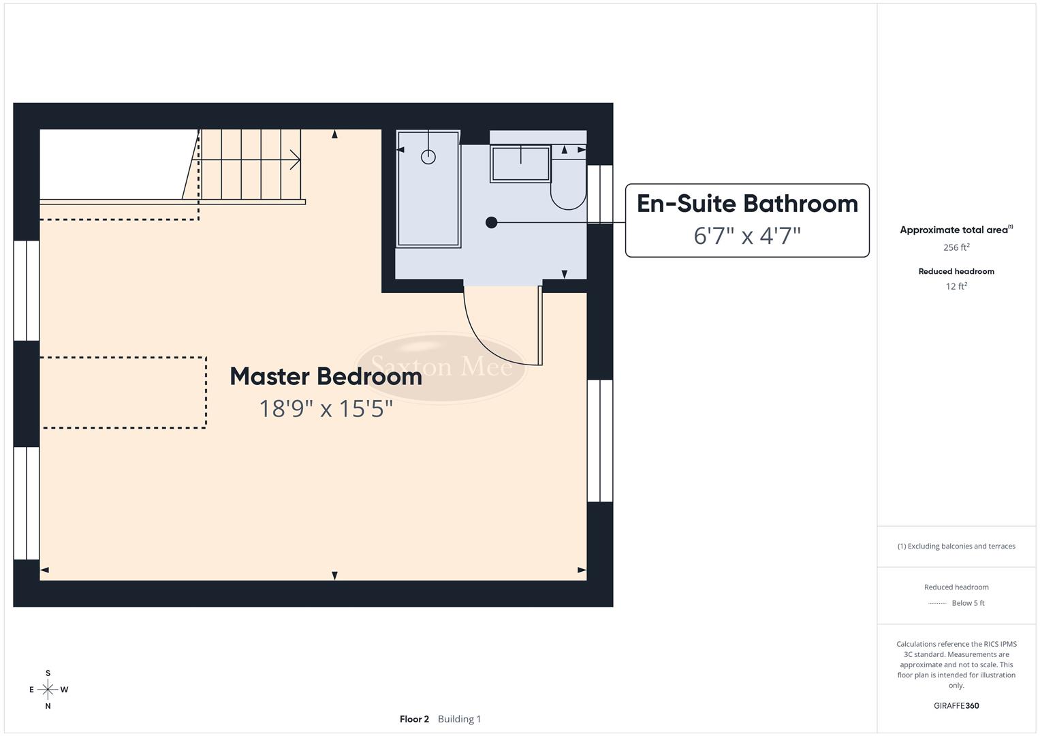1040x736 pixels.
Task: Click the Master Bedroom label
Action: (x=326, y=376)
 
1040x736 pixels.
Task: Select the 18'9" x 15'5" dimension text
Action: (x=326, y=409)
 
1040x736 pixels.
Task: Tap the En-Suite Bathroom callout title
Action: (x=747, y=204)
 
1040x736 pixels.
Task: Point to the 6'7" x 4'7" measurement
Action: (x=747, y=236)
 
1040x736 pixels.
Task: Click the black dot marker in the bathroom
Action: (x=491, y=222)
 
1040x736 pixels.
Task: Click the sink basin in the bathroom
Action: (x=521, y=164)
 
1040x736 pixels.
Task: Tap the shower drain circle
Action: (x=428, y=157)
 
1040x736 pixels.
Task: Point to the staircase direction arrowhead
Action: (x=296, y=160)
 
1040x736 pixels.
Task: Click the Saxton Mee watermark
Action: (x=441, y=367)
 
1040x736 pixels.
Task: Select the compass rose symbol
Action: (x=48, y=690)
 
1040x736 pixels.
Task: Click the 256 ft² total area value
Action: (x=956, y=247)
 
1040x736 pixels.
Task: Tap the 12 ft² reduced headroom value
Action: (x=956, y=286)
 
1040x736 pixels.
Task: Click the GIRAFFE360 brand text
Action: (x=956, y=705)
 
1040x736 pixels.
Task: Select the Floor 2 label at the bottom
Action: (x=414, y=719)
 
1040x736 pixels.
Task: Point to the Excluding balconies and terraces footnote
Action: (x=956, y=546)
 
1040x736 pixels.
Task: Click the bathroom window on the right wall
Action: (x=600, y=194)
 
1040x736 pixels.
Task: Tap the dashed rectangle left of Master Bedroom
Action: (x=124, y=393)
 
